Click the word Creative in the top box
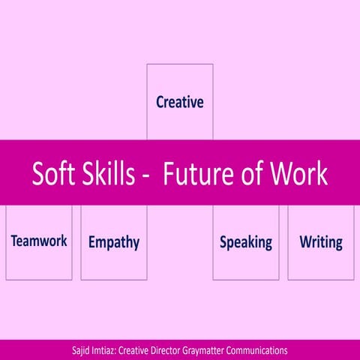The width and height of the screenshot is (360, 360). tap(179, 102)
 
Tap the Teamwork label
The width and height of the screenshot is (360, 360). tap(39, 241)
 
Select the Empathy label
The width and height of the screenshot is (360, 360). tap(113, 242)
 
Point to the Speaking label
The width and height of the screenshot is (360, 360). tap(245, 242)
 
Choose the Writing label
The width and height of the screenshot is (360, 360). tap(320, 242)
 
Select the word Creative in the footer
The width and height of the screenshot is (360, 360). tap(143, 350)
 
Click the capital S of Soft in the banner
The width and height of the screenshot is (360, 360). tap(38, 173)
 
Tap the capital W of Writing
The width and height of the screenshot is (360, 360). tap(306, 241)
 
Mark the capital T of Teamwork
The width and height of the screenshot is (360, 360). tap(14, 241)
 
